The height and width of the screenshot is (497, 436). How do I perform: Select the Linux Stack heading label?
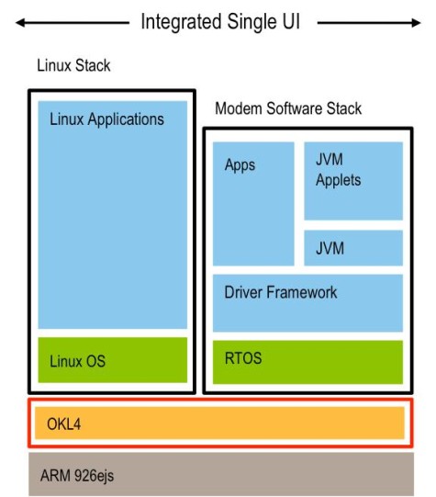tap(73, 66)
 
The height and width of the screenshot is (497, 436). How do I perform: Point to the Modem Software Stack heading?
tap(288, 108)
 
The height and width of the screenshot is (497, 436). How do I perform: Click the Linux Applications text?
tap(106, 119)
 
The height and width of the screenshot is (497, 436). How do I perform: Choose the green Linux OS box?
tap(112, 360)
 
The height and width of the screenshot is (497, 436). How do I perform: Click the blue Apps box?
tap(253, 203)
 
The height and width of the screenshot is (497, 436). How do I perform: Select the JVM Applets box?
tap(353, 181)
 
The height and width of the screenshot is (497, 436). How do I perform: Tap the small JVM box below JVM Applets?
tap(353, 247)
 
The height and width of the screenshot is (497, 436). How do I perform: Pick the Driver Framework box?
tap(307, 302)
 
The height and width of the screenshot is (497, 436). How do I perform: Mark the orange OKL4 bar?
tap(217, 423)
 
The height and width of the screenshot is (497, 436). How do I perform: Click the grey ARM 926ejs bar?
tap(217, 474)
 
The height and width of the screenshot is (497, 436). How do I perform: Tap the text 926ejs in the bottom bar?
tap(96, 476)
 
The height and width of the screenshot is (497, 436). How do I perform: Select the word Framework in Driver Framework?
tap(303, 293)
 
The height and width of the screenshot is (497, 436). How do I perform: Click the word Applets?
tap(338, 181)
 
